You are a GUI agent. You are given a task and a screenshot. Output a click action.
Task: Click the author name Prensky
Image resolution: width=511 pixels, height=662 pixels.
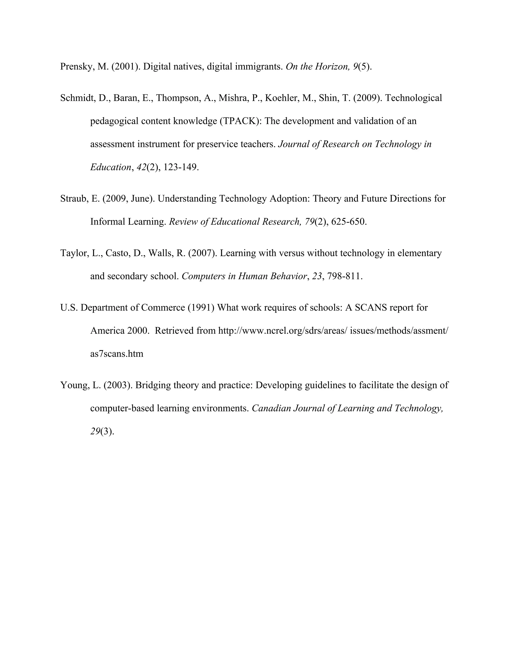(77, 67)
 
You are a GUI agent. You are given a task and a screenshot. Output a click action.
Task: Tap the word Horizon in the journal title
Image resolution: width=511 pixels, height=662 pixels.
(332, 67)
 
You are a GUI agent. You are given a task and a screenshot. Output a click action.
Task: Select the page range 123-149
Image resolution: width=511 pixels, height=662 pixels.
(181, 167)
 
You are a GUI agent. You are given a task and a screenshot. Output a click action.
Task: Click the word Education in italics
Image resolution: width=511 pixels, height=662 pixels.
(111, 167)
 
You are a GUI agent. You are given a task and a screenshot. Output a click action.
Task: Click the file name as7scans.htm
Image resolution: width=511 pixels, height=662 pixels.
(117, 354)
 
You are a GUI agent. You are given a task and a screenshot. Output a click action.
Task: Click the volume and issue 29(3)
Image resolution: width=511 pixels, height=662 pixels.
(102, 432)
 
